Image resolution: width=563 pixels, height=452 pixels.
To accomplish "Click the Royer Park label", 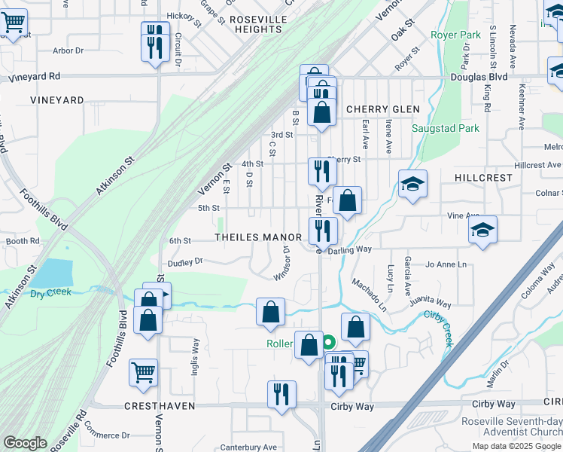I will coord(455,35).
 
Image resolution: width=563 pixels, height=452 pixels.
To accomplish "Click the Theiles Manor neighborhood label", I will coord(258,237).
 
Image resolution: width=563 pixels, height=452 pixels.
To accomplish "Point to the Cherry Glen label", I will coord(382,109).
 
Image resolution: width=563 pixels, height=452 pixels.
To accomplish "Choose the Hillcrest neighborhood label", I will coord(483,177).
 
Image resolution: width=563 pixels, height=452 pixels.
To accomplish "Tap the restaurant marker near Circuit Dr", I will coord(154,41).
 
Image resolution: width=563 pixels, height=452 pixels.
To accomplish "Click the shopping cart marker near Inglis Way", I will coord(143,372).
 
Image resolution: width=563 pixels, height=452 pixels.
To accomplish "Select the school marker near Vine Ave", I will coord(482,230).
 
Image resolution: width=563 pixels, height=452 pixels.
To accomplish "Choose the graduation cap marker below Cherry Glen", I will coord(412,184).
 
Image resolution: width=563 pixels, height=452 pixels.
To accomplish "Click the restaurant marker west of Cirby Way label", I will coord(281,394).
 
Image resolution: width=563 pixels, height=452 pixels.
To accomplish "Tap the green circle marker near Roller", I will coord(329,343).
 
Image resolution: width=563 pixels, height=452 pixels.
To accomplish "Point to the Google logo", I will coord(26,443).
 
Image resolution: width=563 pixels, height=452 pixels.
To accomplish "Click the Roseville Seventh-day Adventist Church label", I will coord(512,426).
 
